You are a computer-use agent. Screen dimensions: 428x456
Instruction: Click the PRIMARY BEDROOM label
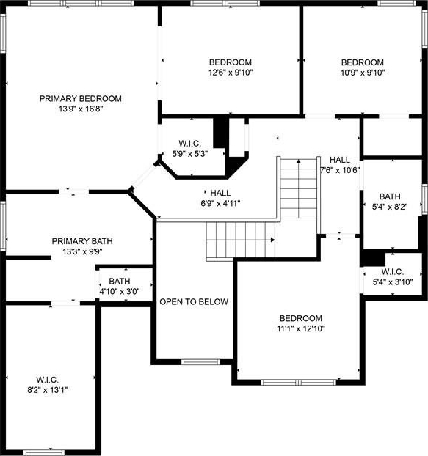click(81, 98)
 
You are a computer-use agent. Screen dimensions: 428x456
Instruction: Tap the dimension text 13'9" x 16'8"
click(81, 109)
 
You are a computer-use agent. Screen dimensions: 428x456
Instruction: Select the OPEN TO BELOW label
click(194, 301)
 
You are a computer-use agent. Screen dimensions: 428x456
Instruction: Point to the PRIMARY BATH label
click(82, 241)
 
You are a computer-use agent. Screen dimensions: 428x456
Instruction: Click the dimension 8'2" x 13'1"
click(48, 390)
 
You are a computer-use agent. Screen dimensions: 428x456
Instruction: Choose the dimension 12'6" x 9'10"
click(231, 73)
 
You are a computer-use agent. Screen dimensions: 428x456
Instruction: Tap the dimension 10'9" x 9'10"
click(363, 73)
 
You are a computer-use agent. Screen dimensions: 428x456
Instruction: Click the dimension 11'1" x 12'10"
click(301, 328)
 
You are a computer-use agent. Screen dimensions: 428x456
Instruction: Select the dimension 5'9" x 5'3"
click(190, 154)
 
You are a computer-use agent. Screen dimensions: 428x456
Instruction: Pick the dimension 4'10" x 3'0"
click(120, 291)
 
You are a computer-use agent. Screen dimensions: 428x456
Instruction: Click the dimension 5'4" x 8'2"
click(390, 207)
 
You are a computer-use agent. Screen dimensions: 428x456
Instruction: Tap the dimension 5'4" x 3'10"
click(393, 282)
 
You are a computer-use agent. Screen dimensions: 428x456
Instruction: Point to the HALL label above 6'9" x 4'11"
click(220, 193)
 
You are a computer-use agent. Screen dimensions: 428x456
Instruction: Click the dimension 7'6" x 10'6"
click(340, 170)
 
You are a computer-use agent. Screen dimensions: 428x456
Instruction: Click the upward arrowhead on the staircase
click(299, 161)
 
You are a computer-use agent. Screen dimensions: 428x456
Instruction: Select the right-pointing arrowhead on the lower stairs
click(273, 240)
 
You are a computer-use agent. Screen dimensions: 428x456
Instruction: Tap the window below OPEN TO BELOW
click(200, 362)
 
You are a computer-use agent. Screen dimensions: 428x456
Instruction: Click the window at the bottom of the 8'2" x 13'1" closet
click(43, 453)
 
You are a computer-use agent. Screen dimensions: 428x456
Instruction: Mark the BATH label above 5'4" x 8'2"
click(390, 196)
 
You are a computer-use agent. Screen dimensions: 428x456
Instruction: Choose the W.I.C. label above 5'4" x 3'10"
click(393, 272)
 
